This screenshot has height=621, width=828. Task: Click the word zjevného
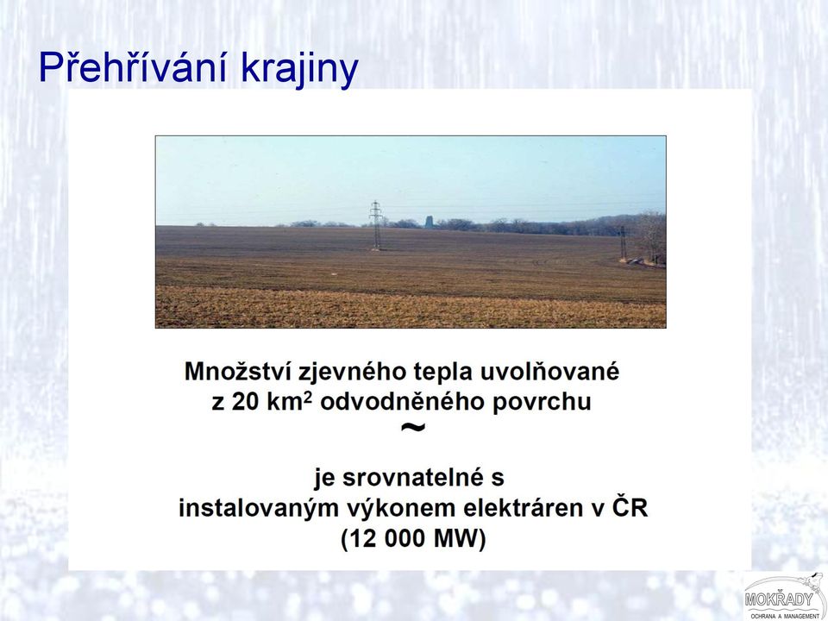(x=353, y=373)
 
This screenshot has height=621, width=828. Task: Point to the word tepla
(x=442, y=373)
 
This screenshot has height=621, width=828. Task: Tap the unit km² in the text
(x=290, y=401)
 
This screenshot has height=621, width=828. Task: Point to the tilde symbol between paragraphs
(x=413, y=427)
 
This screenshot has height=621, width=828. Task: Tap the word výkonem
(x=401, y=509)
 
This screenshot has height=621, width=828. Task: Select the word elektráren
(x=533, y=508)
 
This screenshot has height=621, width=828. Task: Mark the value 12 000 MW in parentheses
(x=413, y=539)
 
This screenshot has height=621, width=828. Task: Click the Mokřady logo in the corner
(x=785, y=597)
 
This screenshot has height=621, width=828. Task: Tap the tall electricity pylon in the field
(x=376, y=225)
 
